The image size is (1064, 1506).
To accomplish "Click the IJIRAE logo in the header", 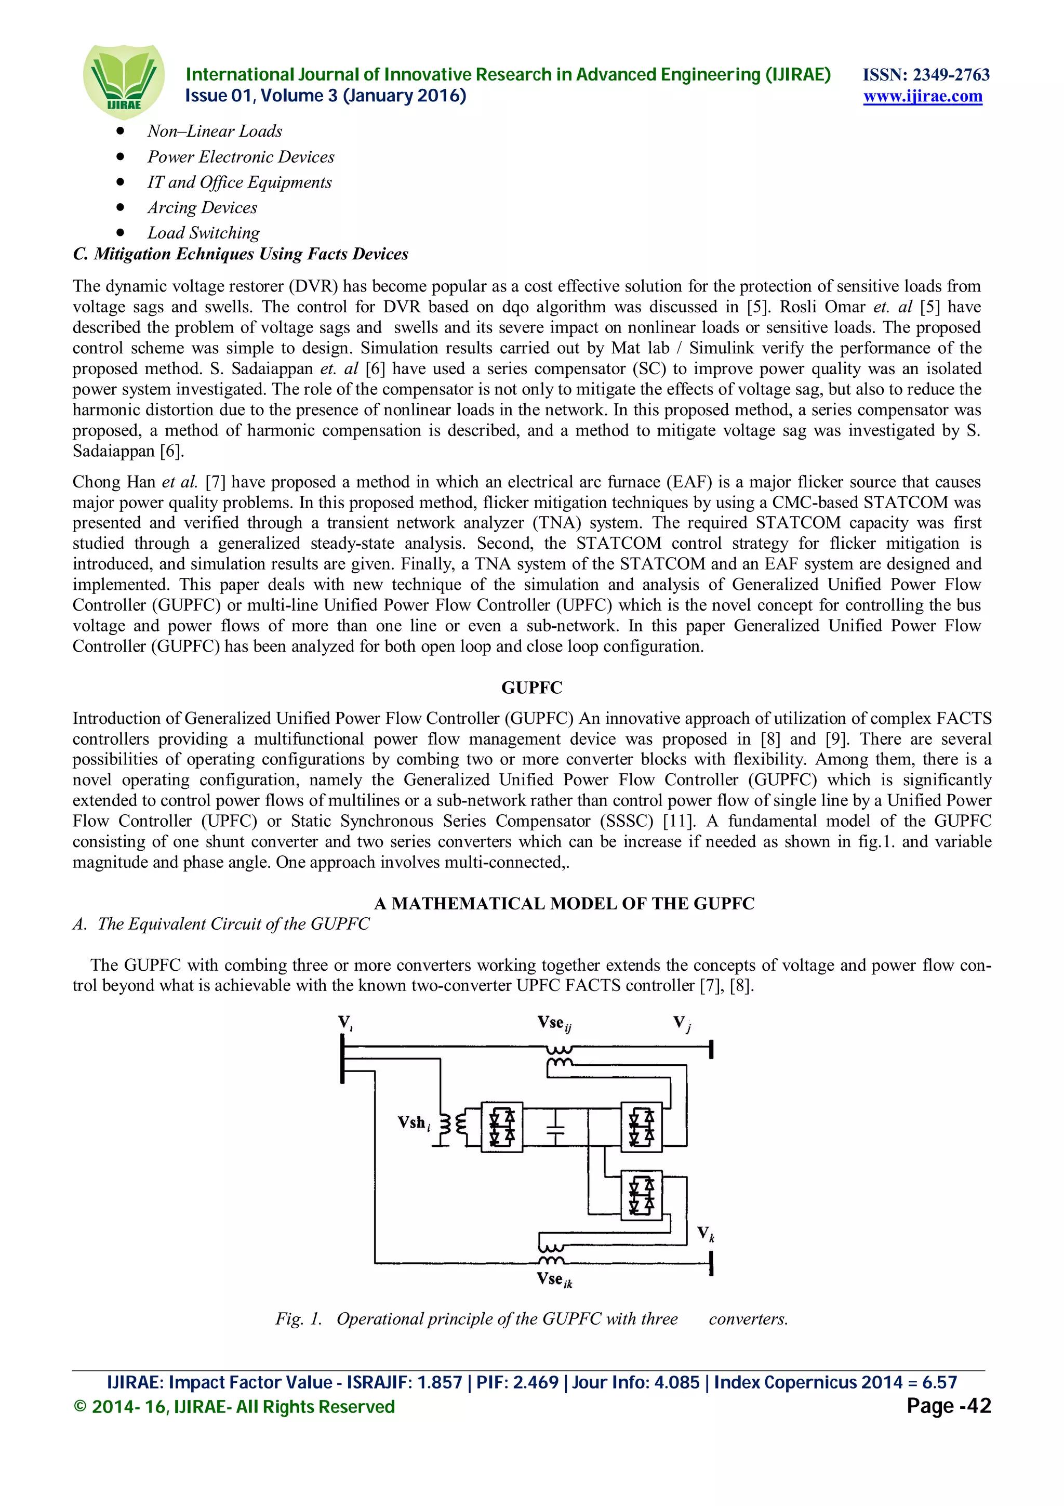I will point(123,81).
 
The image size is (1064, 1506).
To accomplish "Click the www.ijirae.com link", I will point(922,97).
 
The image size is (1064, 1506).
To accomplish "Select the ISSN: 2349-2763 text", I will point(926,74).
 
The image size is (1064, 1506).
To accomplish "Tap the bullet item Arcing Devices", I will point(202,207).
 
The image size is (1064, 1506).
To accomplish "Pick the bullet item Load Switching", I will point(203,233).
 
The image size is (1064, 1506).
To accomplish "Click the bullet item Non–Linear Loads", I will point(215,131).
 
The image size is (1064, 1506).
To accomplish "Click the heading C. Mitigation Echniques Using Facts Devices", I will point(241,254).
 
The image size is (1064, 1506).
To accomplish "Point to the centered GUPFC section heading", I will point(531,688).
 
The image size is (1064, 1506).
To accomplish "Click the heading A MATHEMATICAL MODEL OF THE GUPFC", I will point(564,903).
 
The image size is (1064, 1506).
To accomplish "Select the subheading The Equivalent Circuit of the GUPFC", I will point(233,923).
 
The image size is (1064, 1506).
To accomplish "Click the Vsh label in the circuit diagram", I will point(414,1123).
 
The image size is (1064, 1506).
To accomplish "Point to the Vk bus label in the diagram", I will point(706,1234).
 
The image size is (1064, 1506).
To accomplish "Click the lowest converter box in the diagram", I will point(641,1195).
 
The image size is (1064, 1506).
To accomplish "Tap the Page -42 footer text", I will point(948,1406).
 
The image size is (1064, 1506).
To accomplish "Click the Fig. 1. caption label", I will point(298,1318).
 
